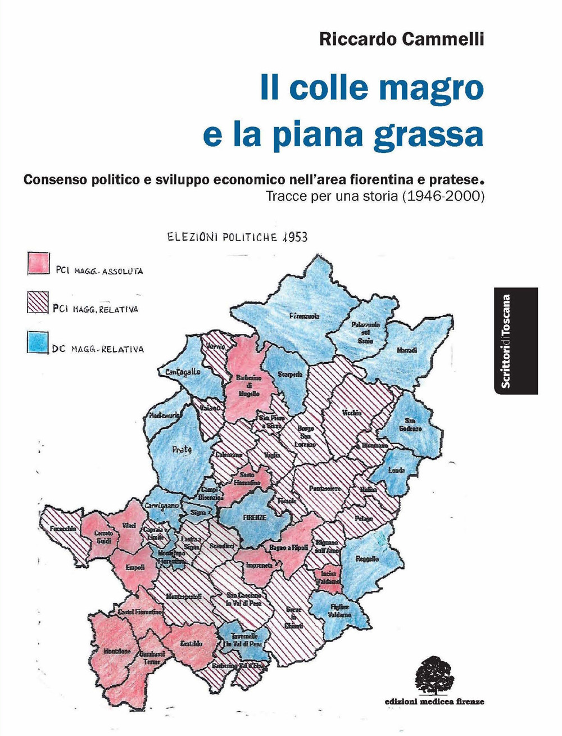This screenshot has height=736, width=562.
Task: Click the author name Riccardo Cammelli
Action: (401, 40)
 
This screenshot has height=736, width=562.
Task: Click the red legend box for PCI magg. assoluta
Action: (39, 264)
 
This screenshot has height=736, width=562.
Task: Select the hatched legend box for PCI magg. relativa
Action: (39, 302)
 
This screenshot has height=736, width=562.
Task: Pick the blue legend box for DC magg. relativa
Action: (38, 342)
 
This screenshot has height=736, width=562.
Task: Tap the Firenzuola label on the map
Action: (304, 317)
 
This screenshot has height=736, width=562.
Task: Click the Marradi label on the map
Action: (407, 350)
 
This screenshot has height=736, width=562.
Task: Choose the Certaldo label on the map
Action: (191, 643)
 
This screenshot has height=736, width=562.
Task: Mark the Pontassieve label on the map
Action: (325, 489)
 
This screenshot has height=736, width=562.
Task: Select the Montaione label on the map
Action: (117, 651)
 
